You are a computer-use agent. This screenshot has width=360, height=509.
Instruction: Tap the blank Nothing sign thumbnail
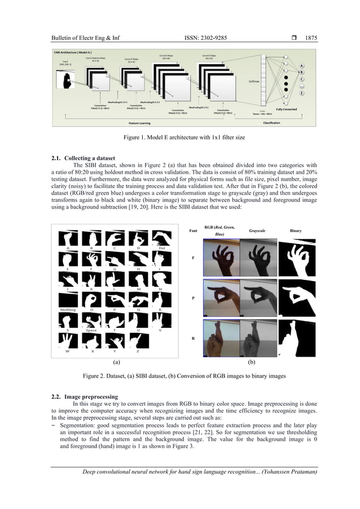pyautogui.click(x=68, y=301)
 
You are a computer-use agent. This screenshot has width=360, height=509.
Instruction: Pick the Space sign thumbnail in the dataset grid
pyautogui.click(x=91, y=321)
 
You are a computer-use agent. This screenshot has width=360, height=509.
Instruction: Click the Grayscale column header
pyautogui.click(x=260, y=231)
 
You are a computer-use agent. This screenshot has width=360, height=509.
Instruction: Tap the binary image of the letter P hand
pyautogui.click(x=298, y=297)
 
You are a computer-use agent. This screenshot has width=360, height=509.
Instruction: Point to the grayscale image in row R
pyautogui.click(x=260, y=337)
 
